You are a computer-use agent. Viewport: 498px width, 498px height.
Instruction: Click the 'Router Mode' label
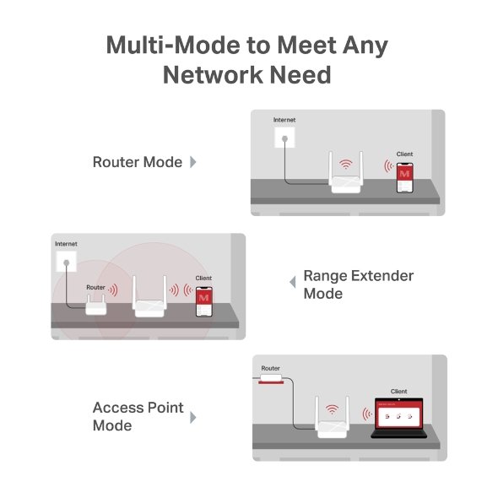click(137, 162)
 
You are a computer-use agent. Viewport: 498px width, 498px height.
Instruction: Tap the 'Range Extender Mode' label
click(358, 285)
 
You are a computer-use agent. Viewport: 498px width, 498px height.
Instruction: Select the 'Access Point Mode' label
click(138, 416)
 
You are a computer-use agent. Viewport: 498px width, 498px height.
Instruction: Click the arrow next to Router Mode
click(193, 162)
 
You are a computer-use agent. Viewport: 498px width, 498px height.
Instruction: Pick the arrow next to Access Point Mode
click(193, 417)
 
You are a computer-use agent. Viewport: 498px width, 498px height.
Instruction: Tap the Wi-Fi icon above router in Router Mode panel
click(344, 164)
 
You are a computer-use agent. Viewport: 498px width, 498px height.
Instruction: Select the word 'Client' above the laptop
click(398, 392)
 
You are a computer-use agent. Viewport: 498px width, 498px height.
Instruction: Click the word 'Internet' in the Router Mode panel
click(284, 121)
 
